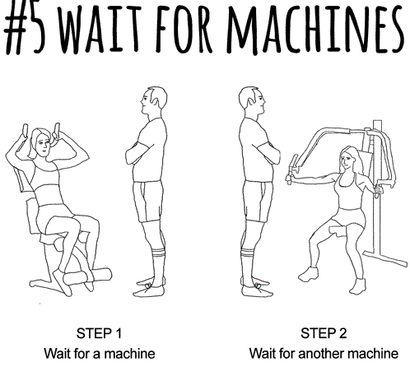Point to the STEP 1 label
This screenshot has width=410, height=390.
99,333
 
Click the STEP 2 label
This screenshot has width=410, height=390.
324,333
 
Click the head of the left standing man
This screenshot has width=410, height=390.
154,101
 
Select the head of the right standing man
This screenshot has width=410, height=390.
252,101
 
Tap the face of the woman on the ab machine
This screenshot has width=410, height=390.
43,146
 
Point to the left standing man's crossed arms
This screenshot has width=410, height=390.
138,154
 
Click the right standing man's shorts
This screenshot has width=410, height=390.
258,202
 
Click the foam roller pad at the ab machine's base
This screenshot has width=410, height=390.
88,276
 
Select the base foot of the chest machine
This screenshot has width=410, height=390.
385,258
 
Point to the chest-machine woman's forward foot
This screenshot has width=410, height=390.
309,274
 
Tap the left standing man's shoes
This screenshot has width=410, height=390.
150,287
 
